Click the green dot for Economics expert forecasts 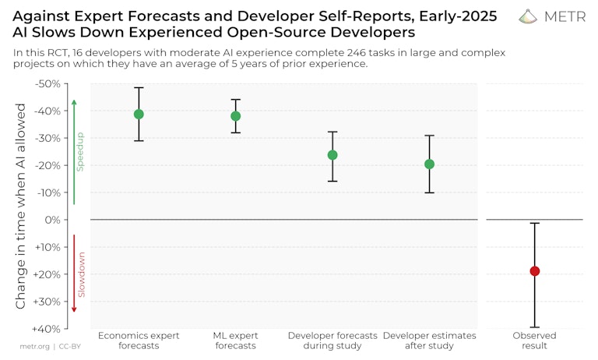point(139,115)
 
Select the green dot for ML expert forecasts point(236,116)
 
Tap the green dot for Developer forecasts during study point(332,155)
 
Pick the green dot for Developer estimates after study point(429,164)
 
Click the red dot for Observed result point(535,271)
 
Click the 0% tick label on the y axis point(52,220)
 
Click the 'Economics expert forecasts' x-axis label point(139,341)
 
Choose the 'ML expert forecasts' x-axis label point(236,341)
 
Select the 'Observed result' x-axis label point(535,341)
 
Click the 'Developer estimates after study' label point(429,341)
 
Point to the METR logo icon point(528,16)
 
